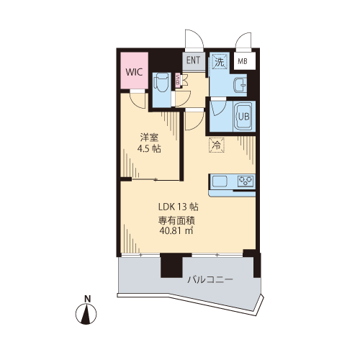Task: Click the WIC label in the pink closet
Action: (134, 72)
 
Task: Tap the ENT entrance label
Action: (193, 60)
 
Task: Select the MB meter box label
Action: (243, 61)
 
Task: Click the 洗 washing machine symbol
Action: (220, 62)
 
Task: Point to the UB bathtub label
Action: (243, 117)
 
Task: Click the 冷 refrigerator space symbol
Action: (217, 145)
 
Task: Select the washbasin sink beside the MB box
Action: (240, 85)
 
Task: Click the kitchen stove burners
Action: (246, 181)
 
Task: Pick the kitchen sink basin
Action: (220, 181)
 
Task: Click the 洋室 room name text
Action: (149, 138)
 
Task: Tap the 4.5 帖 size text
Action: (149, 149)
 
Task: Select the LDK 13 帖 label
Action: (179, 207)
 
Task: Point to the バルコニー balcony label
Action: (210, 279)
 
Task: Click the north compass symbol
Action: (86, 314)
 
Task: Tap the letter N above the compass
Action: (88, 299)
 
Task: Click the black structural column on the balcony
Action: (171, 265)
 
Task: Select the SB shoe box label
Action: (178, 79)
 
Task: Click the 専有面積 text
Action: (176, 220)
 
